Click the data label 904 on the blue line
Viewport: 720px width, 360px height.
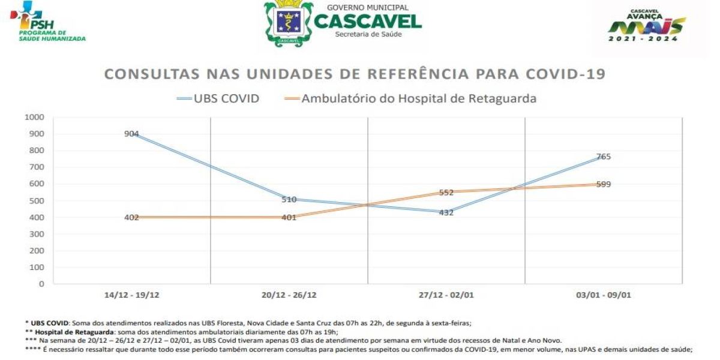pos(131,134)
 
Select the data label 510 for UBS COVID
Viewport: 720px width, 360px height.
pos(289,200)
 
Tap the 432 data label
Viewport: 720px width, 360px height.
pos(446,212)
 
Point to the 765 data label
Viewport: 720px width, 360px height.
pos(603,157)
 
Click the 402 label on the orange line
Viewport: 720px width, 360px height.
pos(131,217)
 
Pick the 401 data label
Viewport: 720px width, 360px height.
pos(289,217)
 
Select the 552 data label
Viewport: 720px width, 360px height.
pos(446,193)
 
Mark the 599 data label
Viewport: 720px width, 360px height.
pos(603,184)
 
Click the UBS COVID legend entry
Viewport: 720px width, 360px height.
pos(218,98)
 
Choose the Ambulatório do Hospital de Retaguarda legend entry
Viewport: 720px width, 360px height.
pos(409,98)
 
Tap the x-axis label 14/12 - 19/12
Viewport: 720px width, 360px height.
pos(131,295)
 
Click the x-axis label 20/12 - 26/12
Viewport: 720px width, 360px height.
pos(289,295)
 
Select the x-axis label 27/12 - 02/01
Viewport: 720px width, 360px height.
pos(446,295)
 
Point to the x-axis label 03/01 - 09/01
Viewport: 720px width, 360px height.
pos(603,295)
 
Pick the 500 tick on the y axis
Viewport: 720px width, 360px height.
pos(37,200)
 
